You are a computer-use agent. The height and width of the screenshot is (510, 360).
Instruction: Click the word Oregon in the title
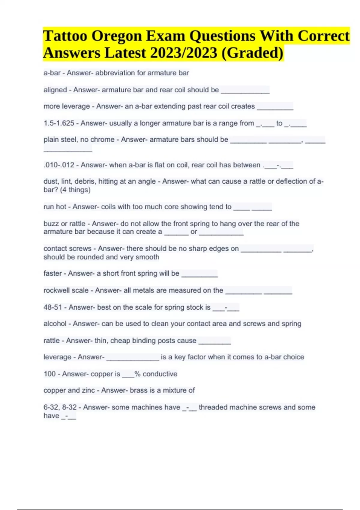coord(117,36)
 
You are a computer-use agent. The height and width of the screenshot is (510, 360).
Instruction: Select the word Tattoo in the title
coord(65,36)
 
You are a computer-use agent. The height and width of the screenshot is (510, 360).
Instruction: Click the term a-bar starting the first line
coord(52,73)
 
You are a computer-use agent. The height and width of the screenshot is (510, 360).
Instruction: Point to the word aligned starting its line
coord(55,90)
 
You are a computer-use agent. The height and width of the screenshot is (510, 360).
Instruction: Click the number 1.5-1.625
coord(59,123)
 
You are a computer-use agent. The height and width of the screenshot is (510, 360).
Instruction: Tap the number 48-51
coord(52,307)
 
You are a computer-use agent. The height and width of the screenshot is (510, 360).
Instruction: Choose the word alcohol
coord(55,324)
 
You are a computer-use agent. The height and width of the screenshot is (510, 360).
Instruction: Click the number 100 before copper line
coord(49,374)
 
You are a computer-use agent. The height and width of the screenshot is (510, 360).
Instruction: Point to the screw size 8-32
coord(69,407)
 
